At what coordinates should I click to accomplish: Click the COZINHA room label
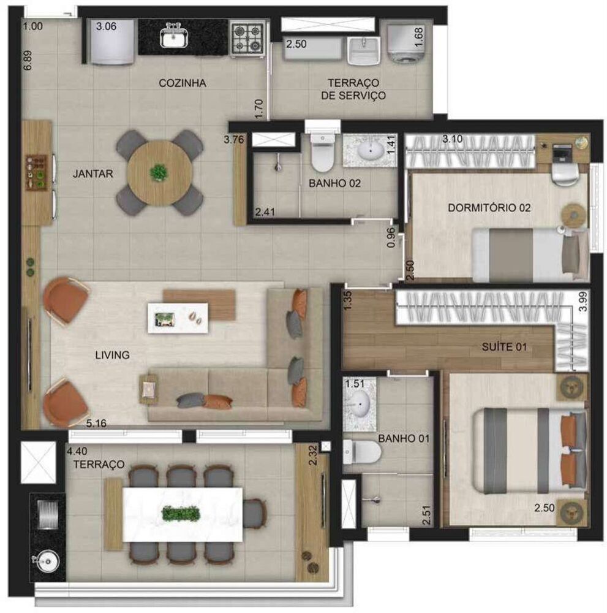click(182, 83)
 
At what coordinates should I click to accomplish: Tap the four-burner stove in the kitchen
click(249, 38)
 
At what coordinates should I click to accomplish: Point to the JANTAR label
click(92, 173)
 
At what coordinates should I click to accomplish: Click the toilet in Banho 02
click(322, 153)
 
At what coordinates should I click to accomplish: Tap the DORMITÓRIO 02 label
click(489, 208)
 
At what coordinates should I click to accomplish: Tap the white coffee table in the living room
click(178, 317)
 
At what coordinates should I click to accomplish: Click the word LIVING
click(112, 355)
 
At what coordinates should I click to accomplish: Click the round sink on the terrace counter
click(47, 562)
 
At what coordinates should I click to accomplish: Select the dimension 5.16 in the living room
click(98, 422)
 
